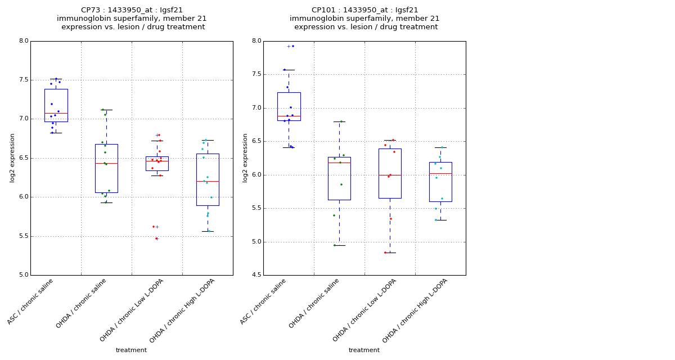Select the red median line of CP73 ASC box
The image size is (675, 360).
coord(56,114)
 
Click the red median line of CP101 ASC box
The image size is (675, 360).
coord(289,116)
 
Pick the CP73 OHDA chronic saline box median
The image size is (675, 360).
coord(106,163)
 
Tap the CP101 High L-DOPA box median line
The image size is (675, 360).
coord(440,173)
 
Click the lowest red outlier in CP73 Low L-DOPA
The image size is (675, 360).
coord(156,238)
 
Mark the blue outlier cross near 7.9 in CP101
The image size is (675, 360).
coord(289,46)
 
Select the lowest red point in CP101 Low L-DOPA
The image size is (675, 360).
coord(385,253)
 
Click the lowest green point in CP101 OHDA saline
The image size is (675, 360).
coord(334,245)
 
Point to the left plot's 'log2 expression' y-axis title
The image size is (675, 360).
coord(12,158)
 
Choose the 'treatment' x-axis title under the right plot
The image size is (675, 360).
coord(364,350)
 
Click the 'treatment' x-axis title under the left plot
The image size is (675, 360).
coord(131,350)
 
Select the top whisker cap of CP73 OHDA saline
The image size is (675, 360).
coord(106,110)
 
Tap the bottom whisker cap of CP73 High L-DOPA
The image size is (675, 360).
coord(208,231)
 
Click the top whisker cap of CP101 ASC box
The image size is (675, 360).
coord(289,70)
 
